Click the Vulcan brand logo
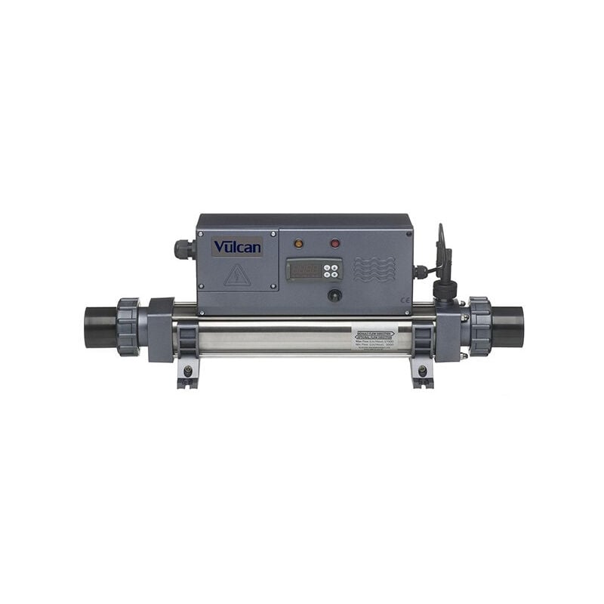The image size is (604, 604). (237, 247)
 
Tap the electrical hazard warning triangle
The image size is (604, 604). (237, 275)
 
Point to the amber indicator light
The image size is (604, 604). (298, 244)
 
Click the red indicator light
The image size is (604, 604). (335, 244)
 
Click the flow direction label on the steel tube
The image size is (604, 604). (383, 337)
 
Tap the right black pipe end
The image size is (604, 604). (507, 325)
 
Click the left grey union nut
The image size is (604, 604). (128, 326)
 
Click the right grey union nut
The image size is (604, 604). (479, 326)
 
